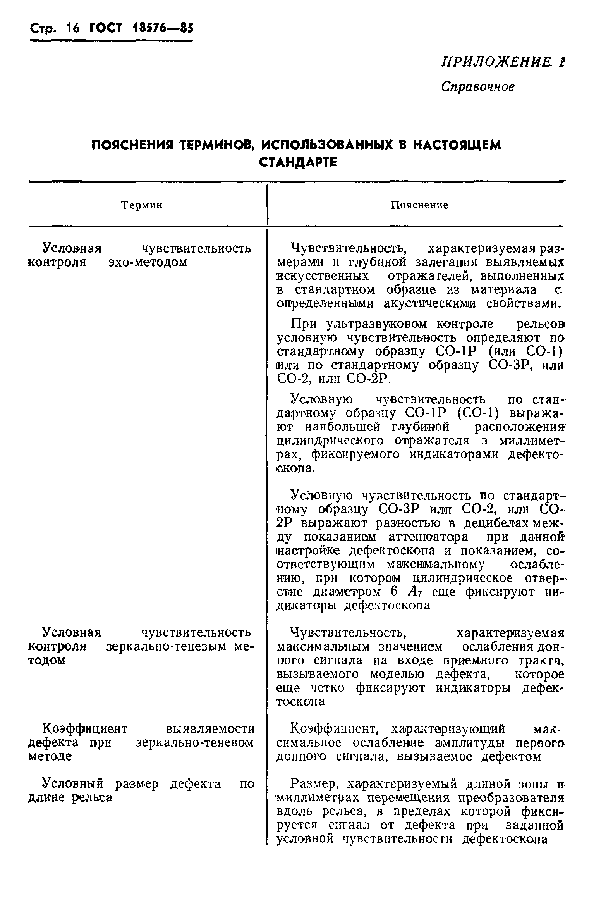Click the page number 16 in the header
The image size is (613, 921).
(73, 28)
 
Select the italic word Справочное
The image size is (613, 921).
(478, 86)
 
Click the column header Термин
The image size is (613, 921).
(142, 205)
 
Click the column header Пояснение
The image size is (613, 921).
(419, 205)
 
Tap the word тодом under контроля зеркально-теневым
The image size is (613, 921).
(46, 661)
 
